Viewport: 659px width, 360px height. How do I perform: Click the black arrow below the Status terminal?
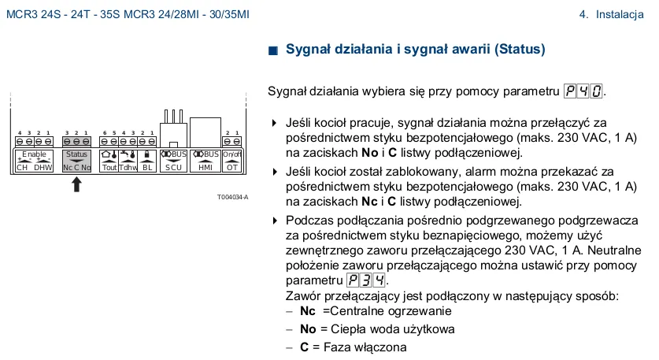[x=76, y=184]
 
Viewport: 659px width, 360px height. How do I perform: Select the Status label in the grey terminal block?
[x=76, y=154]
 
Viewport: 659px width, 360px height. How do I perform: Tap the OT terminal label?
[x=231, y=167]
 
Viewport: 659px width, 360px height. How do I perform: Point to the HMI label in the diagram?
[x=205, y=167]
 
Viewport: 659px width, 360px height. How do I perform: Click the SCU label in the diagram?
[x=173, y=167]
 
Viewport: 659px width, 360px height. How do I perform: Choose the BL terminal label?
[x=146, y=167]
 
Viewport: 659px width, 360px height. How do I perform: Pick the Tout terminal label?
[x=109, y=167]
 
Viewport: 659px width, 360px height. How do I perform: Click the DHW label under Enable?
[x=43, y=167]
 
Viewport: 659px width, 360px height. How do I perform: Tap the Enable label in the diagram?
[x=34, y=154]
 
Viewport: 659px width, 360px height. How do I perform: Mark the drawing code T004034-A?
[x=233, y=197]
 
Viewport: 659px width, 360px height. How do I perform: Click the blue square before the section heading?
[x=273, y=50]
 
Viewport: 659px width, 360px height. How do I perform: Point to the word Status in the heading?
[x=519, y=50]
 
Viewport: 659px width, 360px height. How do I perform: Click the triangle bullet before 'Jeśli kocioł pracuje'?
[x=274, y=123]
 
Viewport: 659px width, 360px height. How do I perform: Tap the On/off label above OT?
[x=231, y=154]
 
